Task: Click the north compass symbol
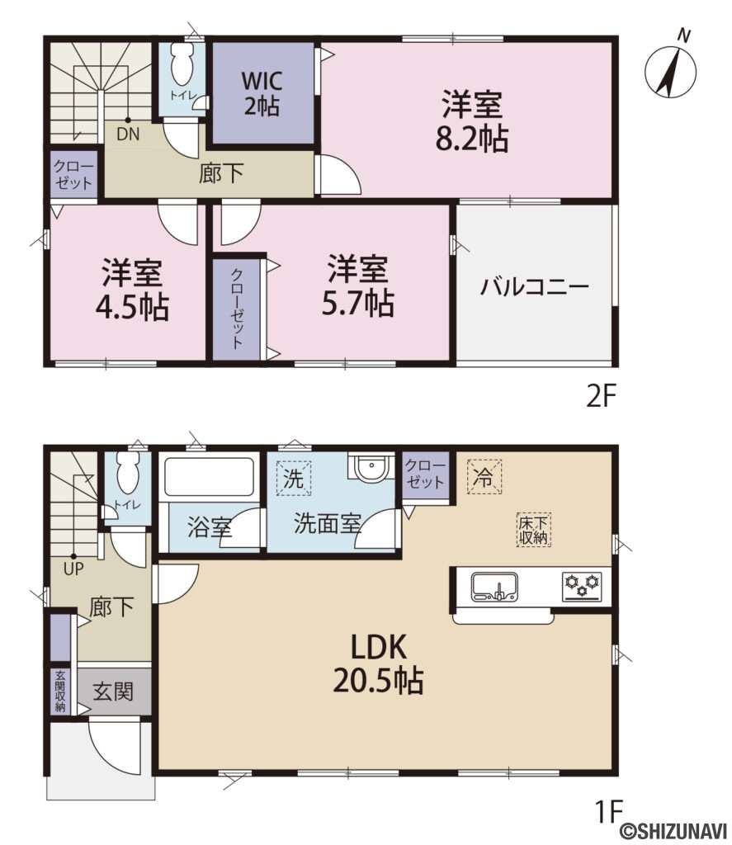tap(671, 68)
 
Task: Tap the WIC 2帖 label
tap(262, 94)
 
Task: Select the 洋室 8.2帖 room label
tap(471, 122)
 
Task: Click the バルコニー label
tap(535, 287)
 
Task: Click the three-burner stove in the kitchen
tap(583, 586)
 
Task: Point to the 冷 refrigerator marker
tap(484, 477)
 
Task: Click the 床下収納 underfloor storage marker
tap(535, 529)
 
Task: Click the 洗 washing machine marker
tap(294, 477)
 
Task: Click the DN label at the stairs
tap(127, 135)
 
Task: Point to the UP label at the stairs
tap(74, 569)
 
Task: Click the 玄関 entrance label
tap(112, 691)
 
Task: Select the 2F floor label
tap(602, 397)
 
